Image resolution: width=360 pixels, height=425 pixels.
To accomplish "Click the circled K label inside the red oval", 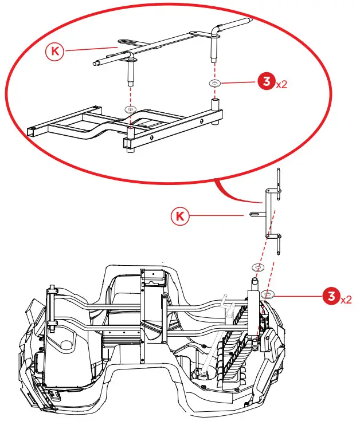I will (x=54, y=51).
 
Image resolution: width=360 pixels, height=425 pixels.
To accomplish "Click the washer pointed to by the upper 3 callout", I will (x=214, y=83).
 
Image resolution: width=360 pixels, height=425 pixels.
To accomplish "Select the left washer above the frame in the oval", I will (x=130, y=108).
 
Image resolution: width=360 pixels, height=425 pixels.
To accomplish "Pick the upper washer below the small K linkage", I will (x=258, y=267).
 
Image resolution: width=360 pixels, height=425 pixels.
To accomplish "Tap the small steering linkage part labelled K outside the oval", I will (x=269, y=212).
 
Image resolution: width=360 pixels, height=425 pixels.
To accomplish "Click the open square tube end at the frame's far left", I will (x=30, y=131).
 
